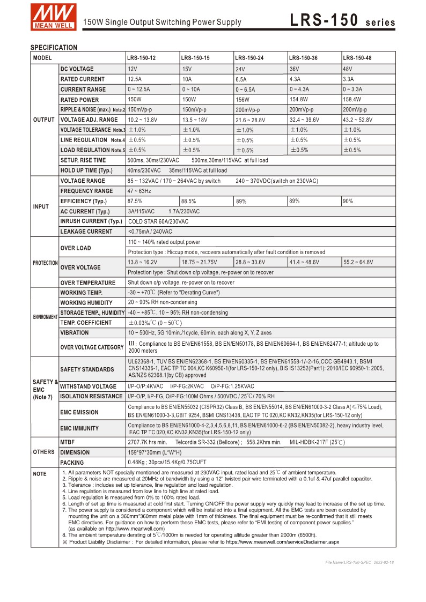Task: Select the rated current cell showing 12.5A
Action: click(135, 79)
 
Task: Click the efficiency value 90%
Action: click(348, 201)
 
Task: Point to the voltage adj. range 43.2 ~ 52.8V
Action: click(358, 120)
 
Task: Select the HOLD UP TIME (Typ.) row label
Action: click(86, 170)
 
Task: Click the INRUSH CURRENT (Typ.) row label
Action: click(91, 221)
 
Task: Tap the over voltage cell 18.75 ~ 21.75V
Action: click(199, 262)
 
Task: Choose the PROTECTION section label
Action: click(45, 263)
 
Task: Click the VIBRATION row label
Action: click(75, 333)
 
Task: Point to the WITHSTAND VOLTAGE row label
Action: click(88, 387)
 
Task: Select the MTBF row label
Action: click(68, 442)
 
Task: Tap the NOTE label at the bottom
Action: click(40, 474)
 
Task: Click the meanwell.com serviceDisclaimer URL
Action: click(282, 542)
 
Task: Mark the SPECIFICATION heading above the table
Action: click(54, 47)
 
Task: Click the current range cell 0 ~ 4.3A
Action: click(301, 90)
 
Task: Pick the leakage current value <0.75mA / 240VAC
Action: click(150, 232)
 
